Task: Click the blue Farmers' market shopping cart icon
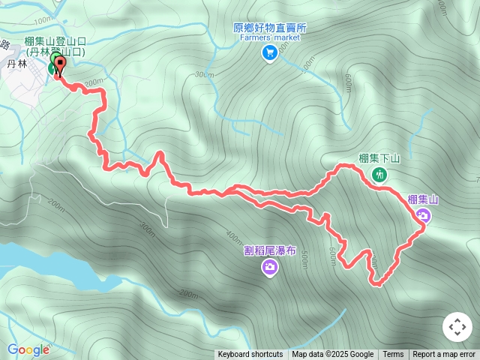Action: [269, 52]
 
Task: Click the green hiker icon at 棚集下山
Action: [379, 175]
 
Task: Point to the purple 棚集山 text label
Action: [423, 199]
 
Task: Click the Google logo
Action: [28, 349]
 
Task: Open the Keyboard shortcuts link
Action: [250, 355]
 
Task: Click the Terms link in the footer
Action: [393, 355]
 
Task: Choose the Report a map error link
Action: [444, 355]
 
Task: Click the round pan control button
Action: [457, 327]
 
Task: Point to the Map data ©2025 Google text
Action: [332, 355]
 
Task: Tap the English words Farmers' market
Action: [270, 38]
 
